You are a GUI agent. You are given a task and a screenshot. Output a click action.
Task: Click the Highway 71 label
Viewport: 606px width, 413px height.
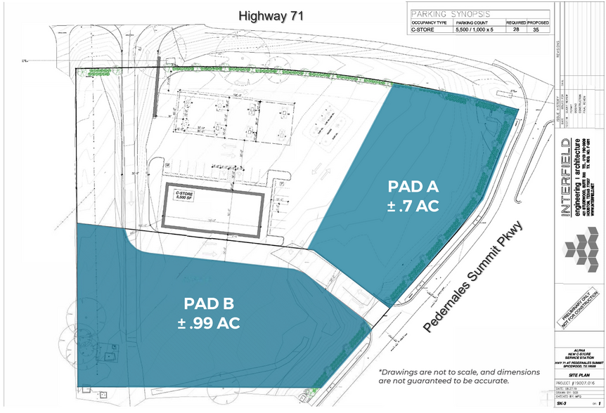click(x=271, y=15)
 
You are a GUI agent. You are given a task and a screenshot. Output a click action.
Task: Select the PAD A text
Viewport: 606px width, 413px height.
click(x=413, y=186)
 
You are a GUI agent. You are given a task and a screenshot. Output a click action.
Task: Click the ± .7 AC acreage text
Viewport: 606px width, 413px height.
click(x=413, y=206)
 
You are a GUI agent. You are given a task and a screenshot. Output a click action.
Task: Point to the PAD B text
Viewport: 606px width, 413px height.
click(x=209, y=304)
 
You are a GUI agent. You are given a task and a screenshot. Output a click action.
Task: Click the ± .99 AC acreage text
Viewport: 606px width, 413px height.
click(x=209, y=324)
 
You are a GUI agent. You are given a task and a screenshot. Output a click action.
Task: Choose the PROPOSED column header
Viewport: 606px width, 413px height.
click(x=539, y=22)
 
